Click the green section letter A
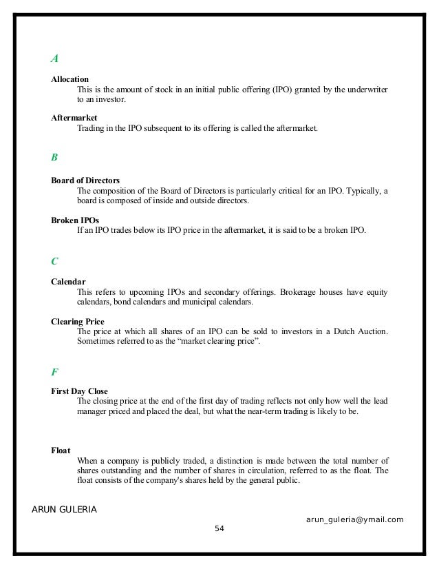54,58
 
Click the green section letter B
54,157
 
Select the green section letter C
55,261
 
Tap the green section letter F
54,372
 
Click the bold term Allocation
69,79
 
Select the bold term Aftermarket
74,118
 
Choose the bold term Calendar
68,282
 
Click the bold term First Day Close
79,391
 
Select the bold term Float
61,451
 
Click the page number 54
219,528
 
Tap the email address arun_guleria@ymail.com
354,519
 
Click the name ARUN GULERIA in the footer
65,508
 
